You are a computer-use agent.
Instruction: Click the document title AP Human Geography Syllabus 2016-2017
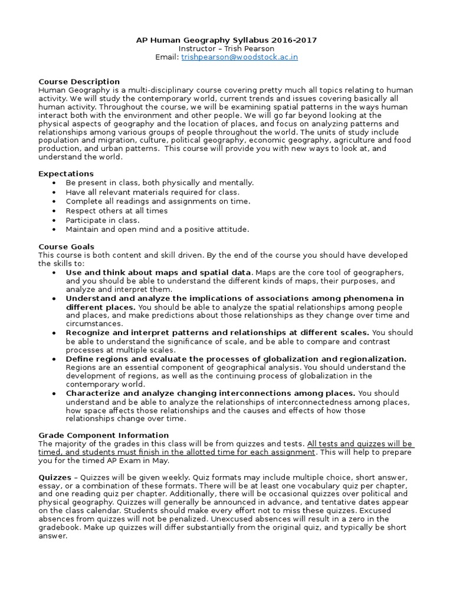click(x=226, y=40)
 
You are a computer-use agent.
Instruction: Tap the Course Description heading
click(x=79, y=81)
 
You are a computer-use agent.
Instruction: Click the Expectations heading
click(x=66, y=174)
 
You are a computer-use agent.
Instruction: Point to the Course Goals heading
click(x=66, y=247)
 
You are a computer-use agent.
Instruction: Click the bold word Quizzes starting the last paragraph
click(x=55, y=477)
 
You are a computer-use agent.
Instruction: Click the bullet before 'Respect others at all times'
click(x=54, y=211)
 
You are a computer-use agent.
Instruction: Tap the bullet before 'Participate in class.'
click(x=54, y=220)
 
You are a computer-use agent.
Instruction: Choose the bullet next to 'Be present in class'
click(x=54, y=183)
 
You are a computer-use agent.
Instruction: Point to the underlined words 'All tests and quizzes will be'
click(x=360, y=444)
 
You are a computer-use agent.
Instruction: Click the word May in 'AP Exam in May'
click(x=160, y=461)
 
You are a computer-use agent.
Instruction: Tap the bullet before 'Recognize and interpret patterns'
click(x=54, y=333)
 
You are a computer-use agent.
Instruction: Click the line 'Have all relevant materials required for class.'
click(x=152, y=192)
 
